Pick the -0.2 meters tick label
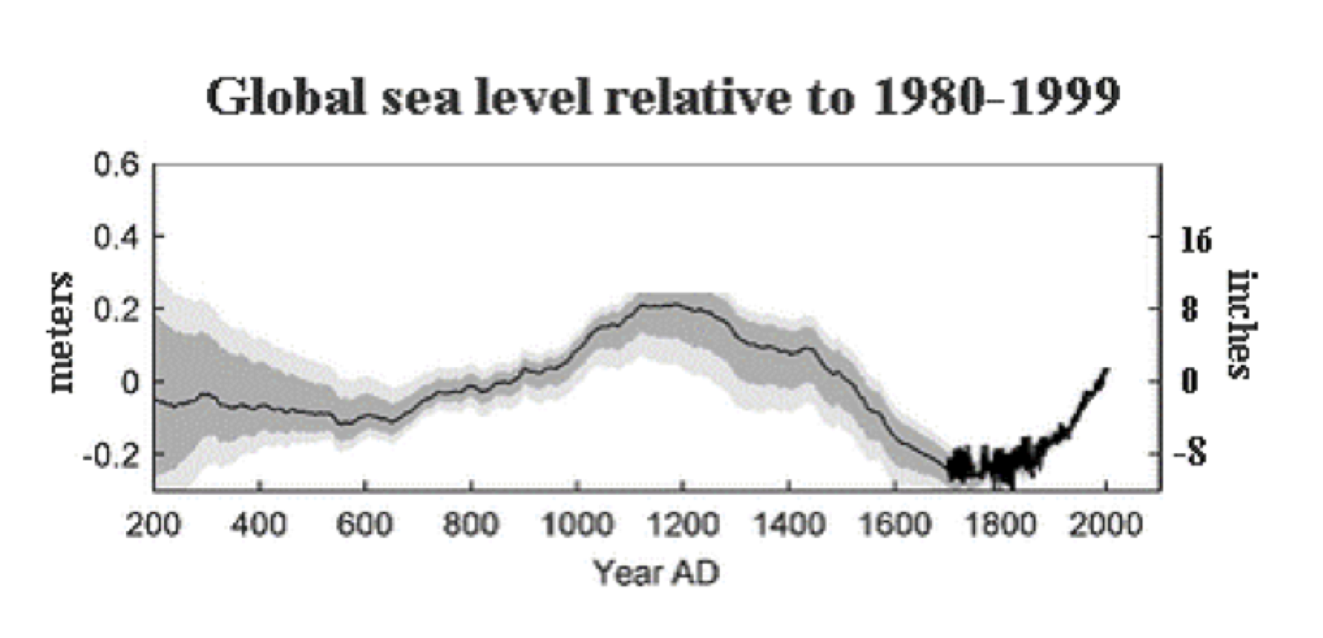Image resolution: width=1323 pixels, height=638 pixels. coord(112,455)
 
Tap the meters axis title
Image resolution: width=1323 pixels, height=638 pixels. coord(61,332)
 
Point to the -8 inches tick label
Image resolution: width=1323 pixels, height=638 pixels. coord(1191,454)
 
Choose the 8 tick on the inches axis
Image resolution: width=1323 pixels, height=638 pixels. coord(1190,310)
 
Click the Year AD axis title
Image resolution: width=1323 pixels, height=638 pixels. coord(656,572)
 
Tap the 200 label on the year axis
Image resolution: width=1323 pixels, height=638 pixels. coord(153,524)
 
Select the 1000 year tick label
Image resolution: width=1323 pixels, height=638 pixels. coord(577,524)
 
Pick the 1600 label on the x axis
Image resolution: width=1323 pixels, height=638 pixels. coord(895,524)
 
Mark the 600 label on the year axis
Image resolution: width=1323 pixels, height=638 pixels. coord(365,524)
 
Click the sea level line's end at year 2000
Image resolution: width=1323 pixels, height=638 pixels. coord(1106,370)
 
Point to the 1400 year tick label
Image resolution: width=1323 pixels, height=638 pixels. coord(789,524)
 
